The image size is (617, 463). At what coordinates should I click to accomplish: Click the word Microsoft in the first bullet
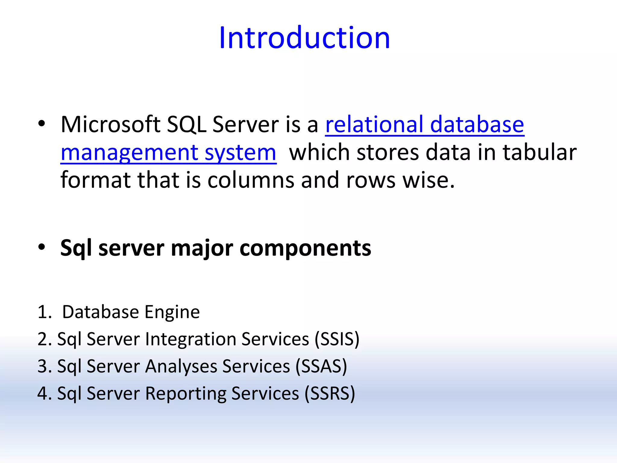[110, 124]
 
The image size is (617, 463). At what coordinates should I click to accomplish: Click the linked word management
[129, 153]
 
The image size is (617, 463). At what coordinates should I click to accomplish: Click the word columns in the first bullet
[251, 180]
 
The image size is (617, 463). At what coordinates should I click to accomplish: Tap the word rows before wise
[371, 180]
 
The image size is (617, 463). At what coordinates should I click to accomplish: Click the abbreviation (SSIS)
[337, 339]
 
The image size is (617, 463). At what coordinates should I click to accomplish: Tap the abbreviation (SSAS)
[321, 366]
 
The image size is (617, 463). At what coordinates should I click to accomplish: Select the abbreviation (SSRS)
[330, 393]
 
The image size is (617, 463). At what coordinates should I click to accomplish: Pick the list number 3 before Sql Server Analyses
[43, 366]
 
